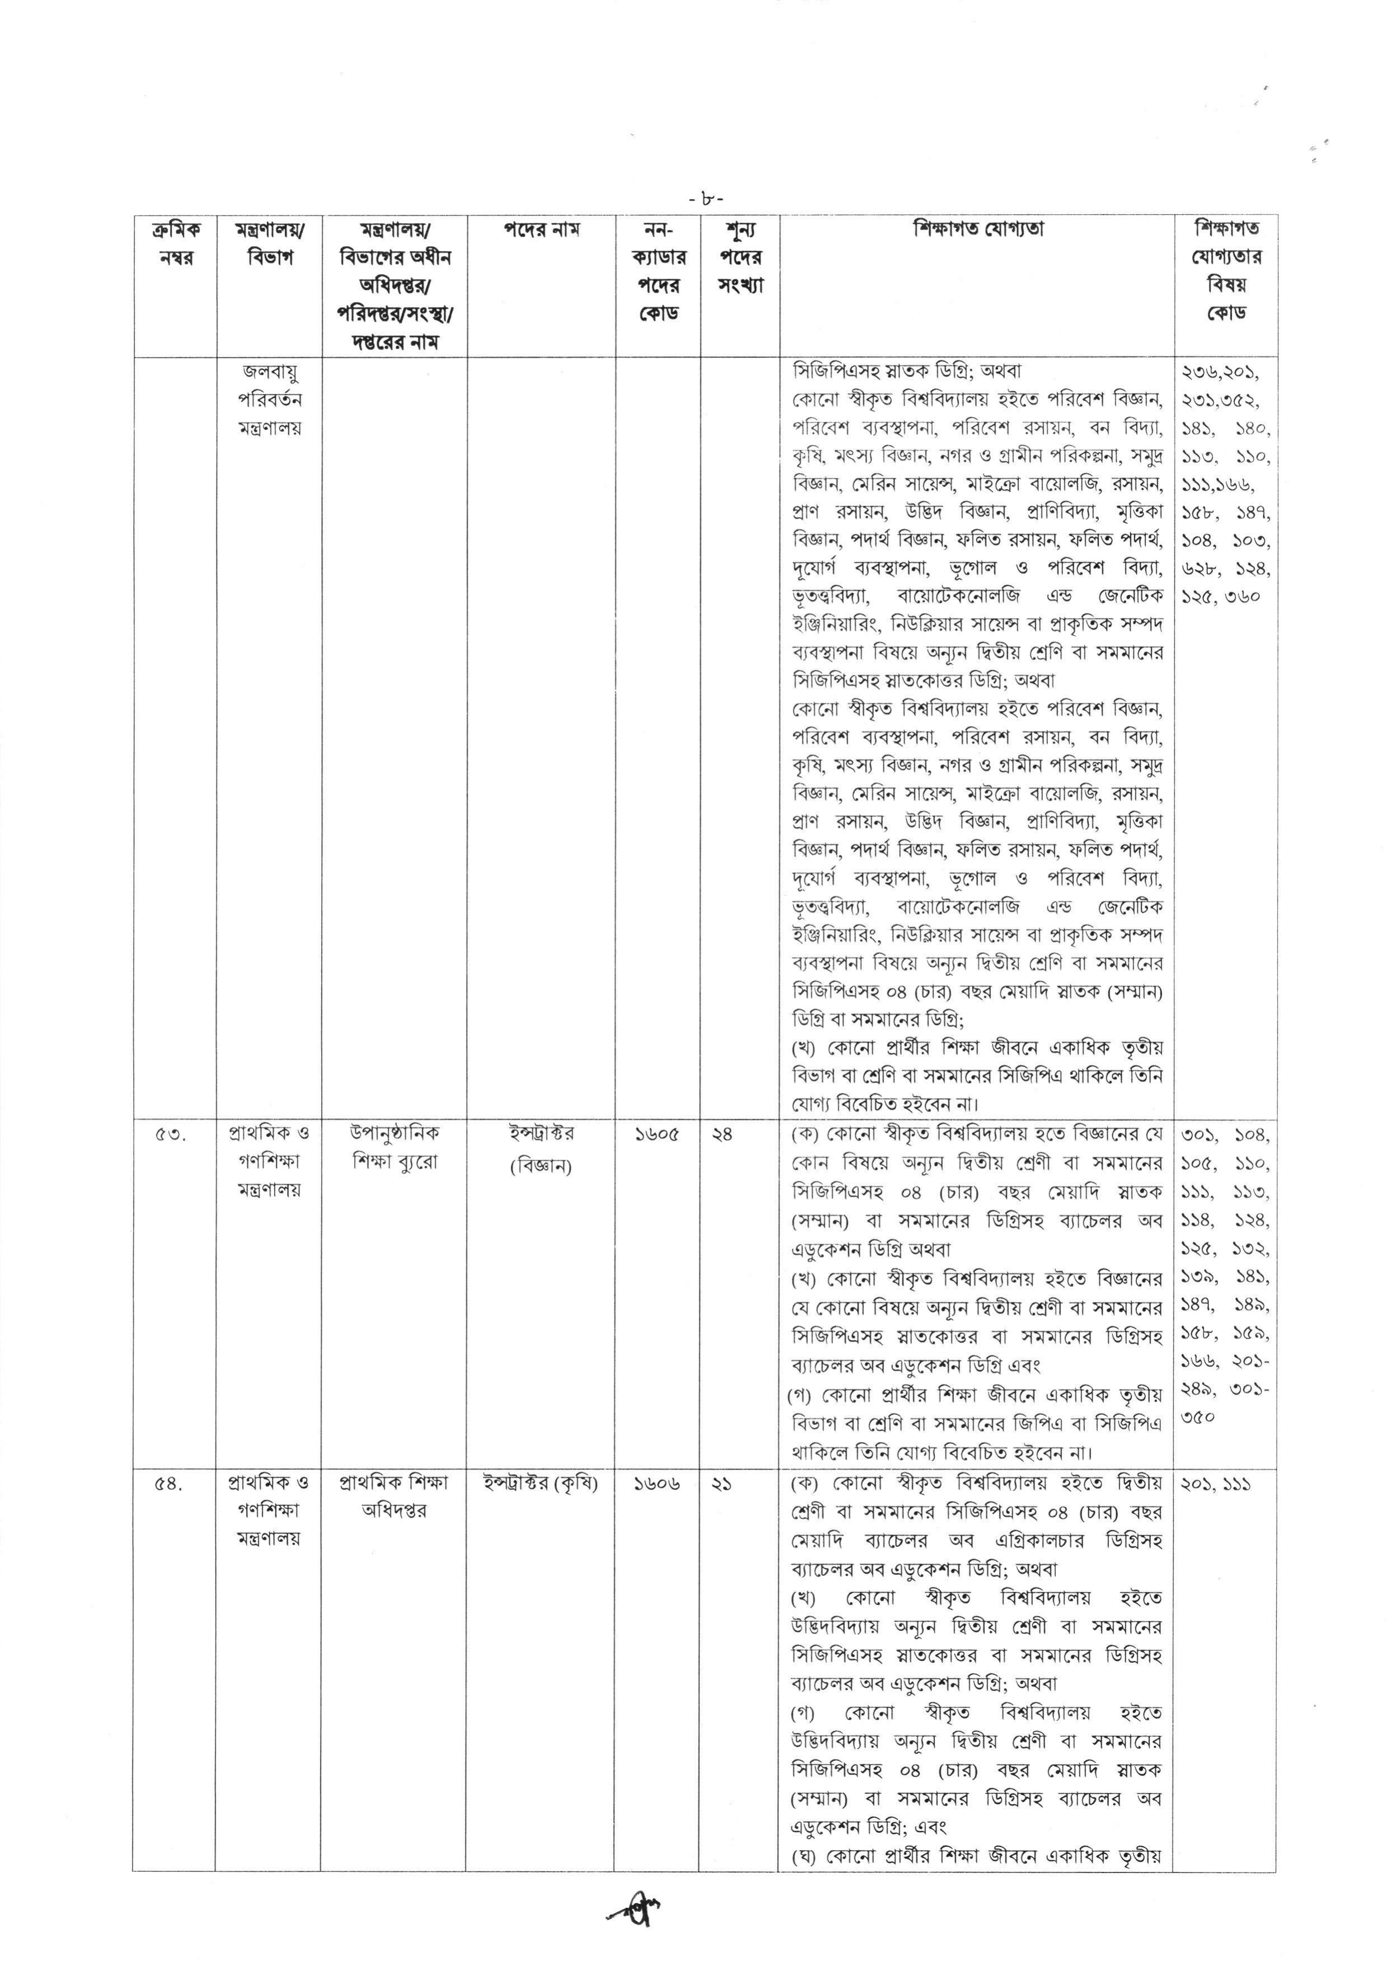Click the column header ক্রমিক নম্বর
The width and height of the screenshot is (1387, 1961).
tap(176, 243)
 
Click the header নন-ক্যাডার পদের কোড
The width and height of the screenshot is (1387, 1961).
tap(657, 271)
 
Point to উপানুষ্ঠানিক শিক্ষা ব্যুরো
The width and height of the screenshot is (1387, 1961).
tap(394, 1148)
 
